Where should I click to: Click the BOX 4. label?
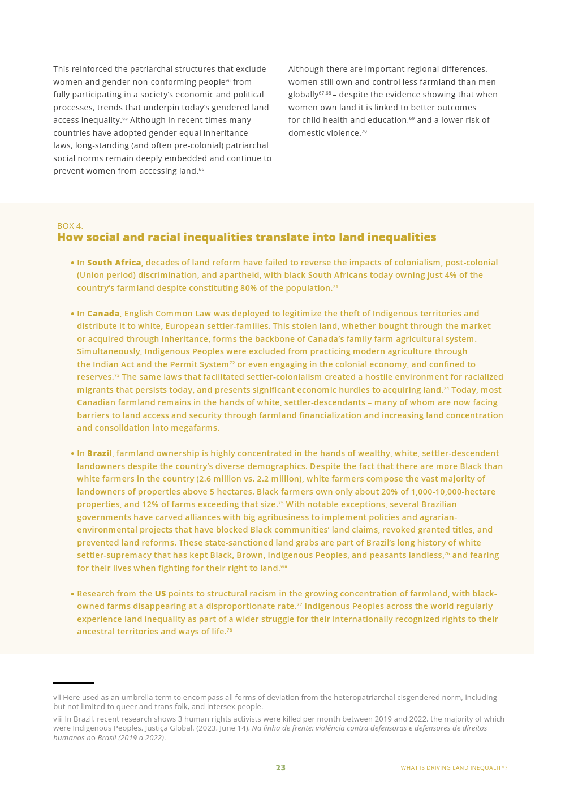coord(70,226)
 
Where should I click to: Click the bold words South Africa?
coord(114,263)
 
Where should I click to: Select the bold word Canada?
coord(103,314)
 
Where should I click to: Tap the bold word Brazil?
coord(99,453)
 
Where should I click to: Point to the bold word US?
coord(160,594)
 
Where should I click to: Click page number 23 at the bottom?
coord(280,767)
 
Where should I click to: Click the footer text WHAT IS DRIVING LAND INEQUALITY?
coord(454,768)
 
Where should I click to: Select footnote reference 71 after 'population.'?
coord(335,286)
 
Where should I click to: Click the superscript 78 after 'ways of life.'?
coord(230,630)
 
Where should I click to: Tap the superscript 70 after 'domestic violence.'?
coord(364,131)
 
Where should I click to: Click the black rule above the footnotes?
coord(74,683)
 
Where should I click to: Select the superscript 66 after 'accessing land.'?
coord(201,169)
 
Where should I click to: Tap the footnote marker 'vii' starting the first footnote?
coord(57,698)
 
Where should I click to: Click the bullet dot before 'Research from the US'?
coord(72,594)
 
